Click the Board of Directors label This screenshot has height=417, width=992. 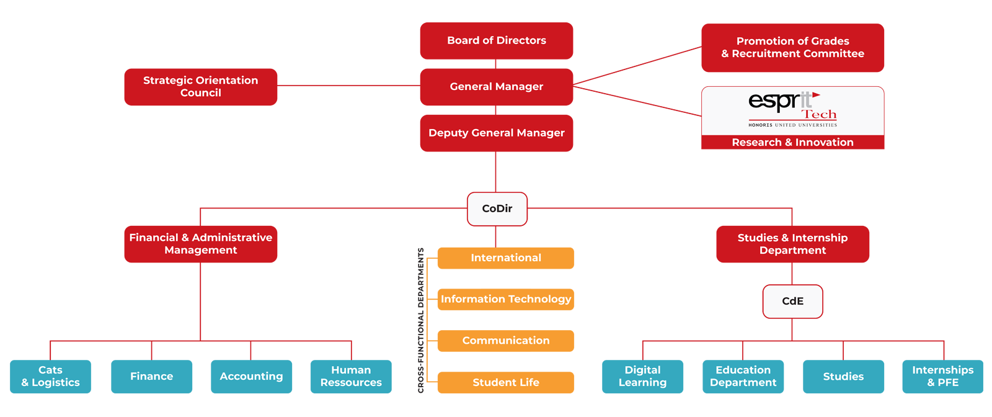point(497,40)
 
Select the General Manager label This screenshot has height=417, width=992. point(497,87)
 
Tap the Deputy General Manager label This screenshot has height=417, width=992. point(497,133)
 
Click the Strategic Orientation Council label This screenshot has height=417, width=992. point(200,86)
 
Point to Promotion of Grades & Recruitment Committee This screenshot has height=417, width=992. point(792,47)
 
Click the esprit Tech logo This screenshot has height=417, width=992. point(792,110)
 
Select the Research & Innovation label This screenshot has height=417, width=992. point(792,143)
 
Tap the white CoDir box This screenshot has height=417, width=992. point(497,208)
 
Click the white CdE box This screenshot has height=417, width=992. point(792,301)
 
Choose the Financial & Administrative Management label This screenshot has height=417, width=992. point(200,244)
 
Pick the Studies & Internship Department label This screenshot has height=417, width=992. point(792,244)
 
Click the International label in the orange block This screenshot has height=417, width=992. point(506,258)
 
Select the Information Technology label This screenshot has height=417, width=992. point(506,299)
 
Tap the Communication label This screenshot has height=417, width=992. point(506,341)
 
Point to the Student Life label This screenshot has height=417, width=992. point(506,382)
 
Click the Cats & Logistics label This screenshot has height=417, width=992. point(51,376)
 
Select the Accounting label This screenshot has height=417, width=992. point(251,376)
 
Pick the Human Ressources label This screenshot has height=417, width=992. point(351,376)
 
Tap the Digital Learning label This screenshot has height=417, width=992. point(642,376)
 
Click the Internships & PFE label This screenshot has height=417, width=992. point(942,376)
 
